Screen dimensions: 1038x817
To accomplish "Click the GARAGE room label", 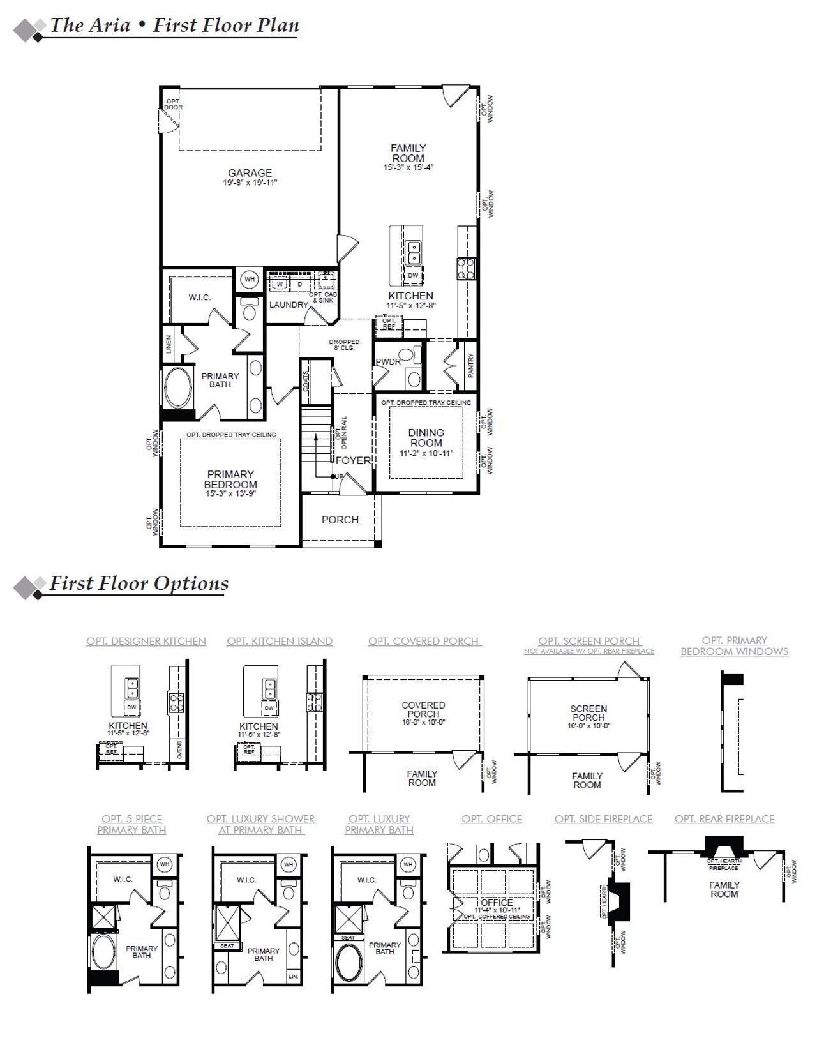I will coord(250,173).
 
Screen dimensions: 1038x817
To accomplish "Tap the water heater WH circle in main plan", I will coord(250,279).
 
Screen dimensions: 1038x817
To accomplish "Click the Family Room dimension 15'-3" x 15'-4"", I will coord(408,168).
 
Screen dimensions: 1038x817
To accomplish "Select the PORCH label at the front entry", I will coord(340,520).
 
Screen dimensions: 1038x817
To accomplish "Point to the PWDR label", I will coord(387,362).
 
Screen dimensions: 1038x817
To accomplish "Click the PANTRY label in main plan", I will coord(471,366).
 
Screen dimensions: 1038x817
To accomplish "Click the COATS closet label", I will coord(306,381).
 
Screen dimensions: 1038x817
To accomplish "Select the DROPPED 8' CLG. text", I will coord(344,345).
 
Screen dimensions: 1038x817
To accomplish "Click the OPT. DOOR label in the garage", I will coord(173,104).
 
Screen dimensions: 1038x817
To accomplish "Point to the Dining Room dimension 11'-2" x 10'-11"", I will coord(426,453).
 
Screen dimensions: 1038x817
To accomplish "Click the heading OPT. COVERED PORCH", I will coord(423,641).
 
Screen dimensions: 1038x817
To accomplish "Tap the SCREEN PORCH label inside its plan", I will coord(588,713).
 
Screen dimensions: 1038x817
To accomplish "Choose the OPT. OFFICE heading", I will coord(491,819).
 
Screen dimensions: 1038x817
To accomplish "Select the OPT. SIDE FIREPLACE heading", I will coord(603,819).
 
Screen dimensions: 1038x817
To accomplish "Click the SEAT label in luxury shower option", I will coord(227,946).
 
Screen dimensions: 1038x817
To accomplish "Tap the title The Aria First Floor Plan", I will coord(174,26).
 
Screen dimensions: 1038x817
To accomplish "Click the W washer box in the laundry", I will coord(280,284).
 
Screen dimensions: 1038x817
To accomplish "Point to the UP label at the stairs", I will coord(340,477).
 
